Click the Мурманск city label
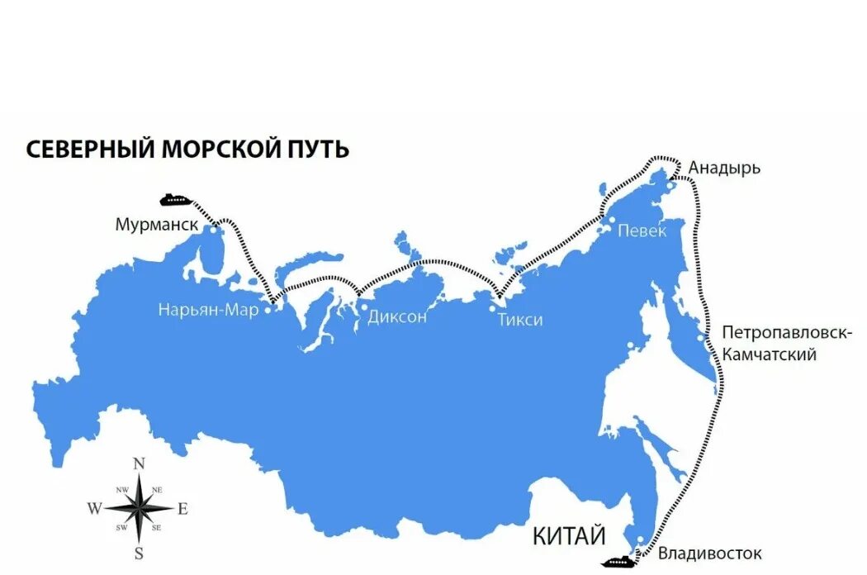click(157, 225)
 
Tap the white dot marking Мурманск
click(214, 231)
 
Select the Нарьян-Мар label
click(209, 311)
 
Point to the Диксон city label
click(397, 316)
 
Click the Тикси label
click(520, 320)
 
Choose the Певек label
click(642, 231)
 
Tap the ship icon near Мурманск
click(175, 199)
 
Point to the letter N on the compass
click(140, 463)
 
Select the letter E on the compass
click(182, 509)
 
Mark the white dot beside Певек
click(611, 221)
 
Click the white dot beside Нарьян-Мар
click(268, 311)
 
